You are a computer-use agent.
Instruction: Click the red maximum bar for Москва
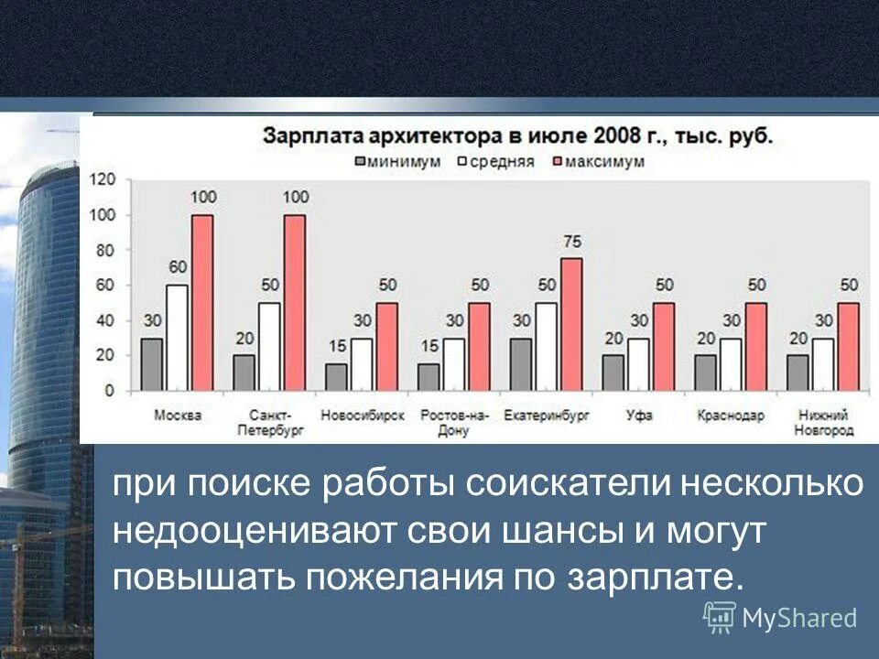(x=201, y=303)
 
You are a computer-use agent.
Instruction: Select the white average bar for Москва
(x=177, y=338)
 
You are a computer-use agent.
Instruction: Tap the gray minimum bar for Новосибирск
(x=337, y=377)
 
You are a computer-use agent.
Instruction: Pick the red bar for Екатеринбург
(x=571, y=325)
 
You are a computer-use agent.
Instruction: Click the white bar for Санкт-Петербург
(x=269, y=347)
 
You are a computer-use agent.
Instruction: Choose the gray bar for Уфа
(x=613, y=373)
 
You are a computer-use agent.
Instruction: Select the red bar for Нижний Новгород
(x=849, y=347)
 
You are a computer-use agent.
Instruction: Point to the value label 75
(x=572, y=242)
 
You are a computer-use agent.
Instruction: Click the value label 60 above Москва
(x=178, y=267)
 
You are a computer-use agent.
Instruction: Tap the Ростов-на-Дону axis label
(x=453, y=422)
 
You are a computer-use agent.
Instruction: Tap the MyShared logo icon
(x=720, y=617)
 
